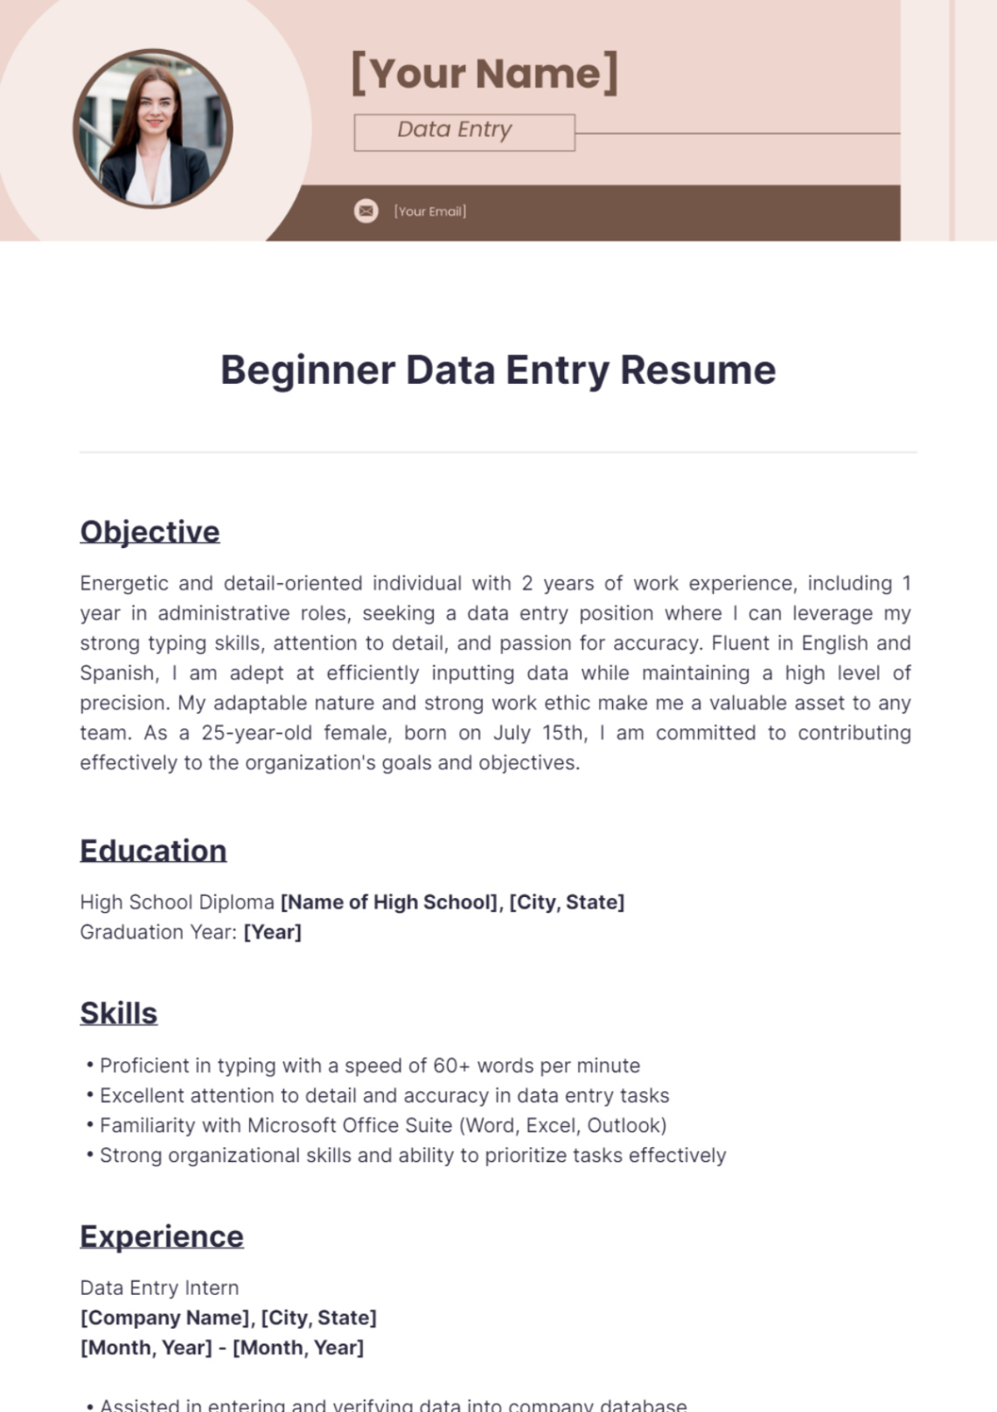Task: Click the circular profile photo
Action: [153, 129]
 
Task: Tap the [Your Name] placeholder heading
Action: [485, 73]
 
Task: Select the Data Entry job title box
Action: [464, 132]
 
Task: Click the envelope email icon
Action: [366, 211]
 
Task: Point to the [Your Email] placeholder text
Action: [429, 212]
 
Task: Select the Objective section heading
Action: [150, 532]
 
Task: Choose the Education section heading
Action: [153, 851]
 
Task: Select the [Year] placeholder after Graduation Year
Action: [272, 932]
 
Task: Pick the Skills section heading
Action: [119, 1013]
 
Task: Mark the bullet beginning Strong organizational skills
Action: [412, 1155]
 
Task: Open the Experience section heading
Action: [162, 1236]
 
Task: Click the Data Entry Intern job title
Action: [159, 1288]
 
